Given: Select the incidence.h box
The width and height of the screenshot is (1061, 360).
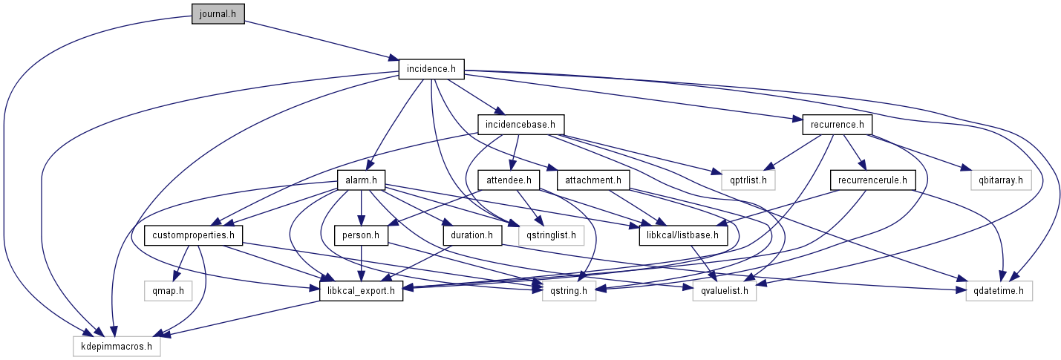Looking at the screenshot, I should pos(431,69).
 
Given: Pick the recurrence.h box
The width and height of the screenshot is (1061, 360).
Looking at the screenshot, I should pos(837,124).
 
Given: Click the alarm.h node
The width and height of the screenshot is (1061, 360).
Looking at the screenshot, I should pos(362,180).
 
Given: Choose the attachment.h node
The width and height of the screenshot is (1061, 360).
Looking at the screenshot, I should pos(597,180).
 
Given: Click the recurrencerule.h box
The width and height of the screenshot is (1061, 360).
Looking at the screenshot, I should pos(872,180).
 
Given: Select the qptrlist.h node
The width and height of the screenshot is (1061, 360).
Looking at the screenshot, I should pos(748,180).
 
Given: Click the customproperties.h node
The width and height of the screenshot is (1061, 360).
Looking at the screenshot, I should pos(194,236).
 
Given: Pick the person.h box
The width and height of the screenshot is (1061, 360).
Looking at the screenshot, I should pos(362,236).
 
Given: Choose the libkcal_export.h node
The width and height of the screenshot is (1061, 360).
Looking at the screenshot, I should pos(362,291).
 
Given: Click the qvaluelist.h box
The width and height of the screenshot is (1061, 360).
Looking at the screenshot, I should pos(724,291).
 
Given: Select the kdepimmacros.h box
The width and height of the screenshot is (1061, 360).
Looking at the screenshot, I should pos(117,347).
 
